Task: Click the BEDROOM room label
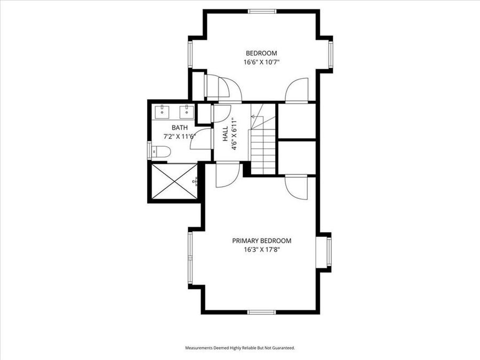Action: coord(261,53)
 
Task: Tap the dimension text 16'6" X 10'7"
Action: coord(261,62)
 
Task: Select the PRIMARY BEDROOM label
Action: coord(261,241)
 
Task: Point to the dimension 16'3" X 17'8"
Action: coord(261,249)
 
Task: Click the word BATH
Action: coord(179,127)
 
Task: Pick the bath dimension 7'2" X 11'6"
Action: coord(179,137)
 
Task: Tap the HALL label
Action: coord(225,133)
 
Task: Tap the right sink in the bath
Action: coord(186,112)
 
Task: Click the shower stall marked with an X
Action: coord(174,181)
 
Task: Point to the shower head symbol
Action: coord(195,181)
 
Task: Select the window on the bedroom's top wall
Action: coord(261,11)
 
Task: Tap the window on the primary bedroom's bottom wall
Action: coord(261,311)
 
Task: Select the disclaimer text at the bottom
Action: coord(240,348)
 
